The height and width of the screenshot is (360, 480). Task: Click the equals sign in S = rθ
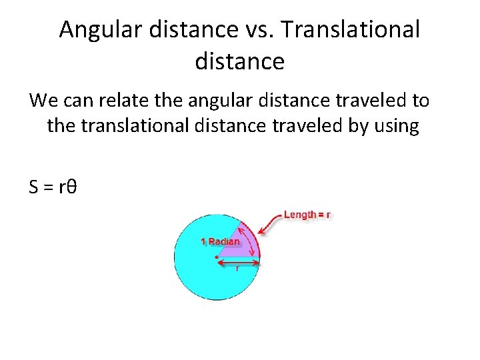click(48, 188)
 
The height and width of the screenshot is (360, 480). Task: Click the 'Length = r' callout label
click(307, 215)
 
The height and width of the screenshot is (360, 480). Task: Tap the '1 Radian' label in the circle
click(220, 241)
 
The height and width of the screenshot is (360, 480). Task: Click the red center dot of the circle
click(217, 257)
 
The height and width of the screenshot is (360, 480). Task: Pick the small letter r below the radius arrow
click(238, 269)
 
